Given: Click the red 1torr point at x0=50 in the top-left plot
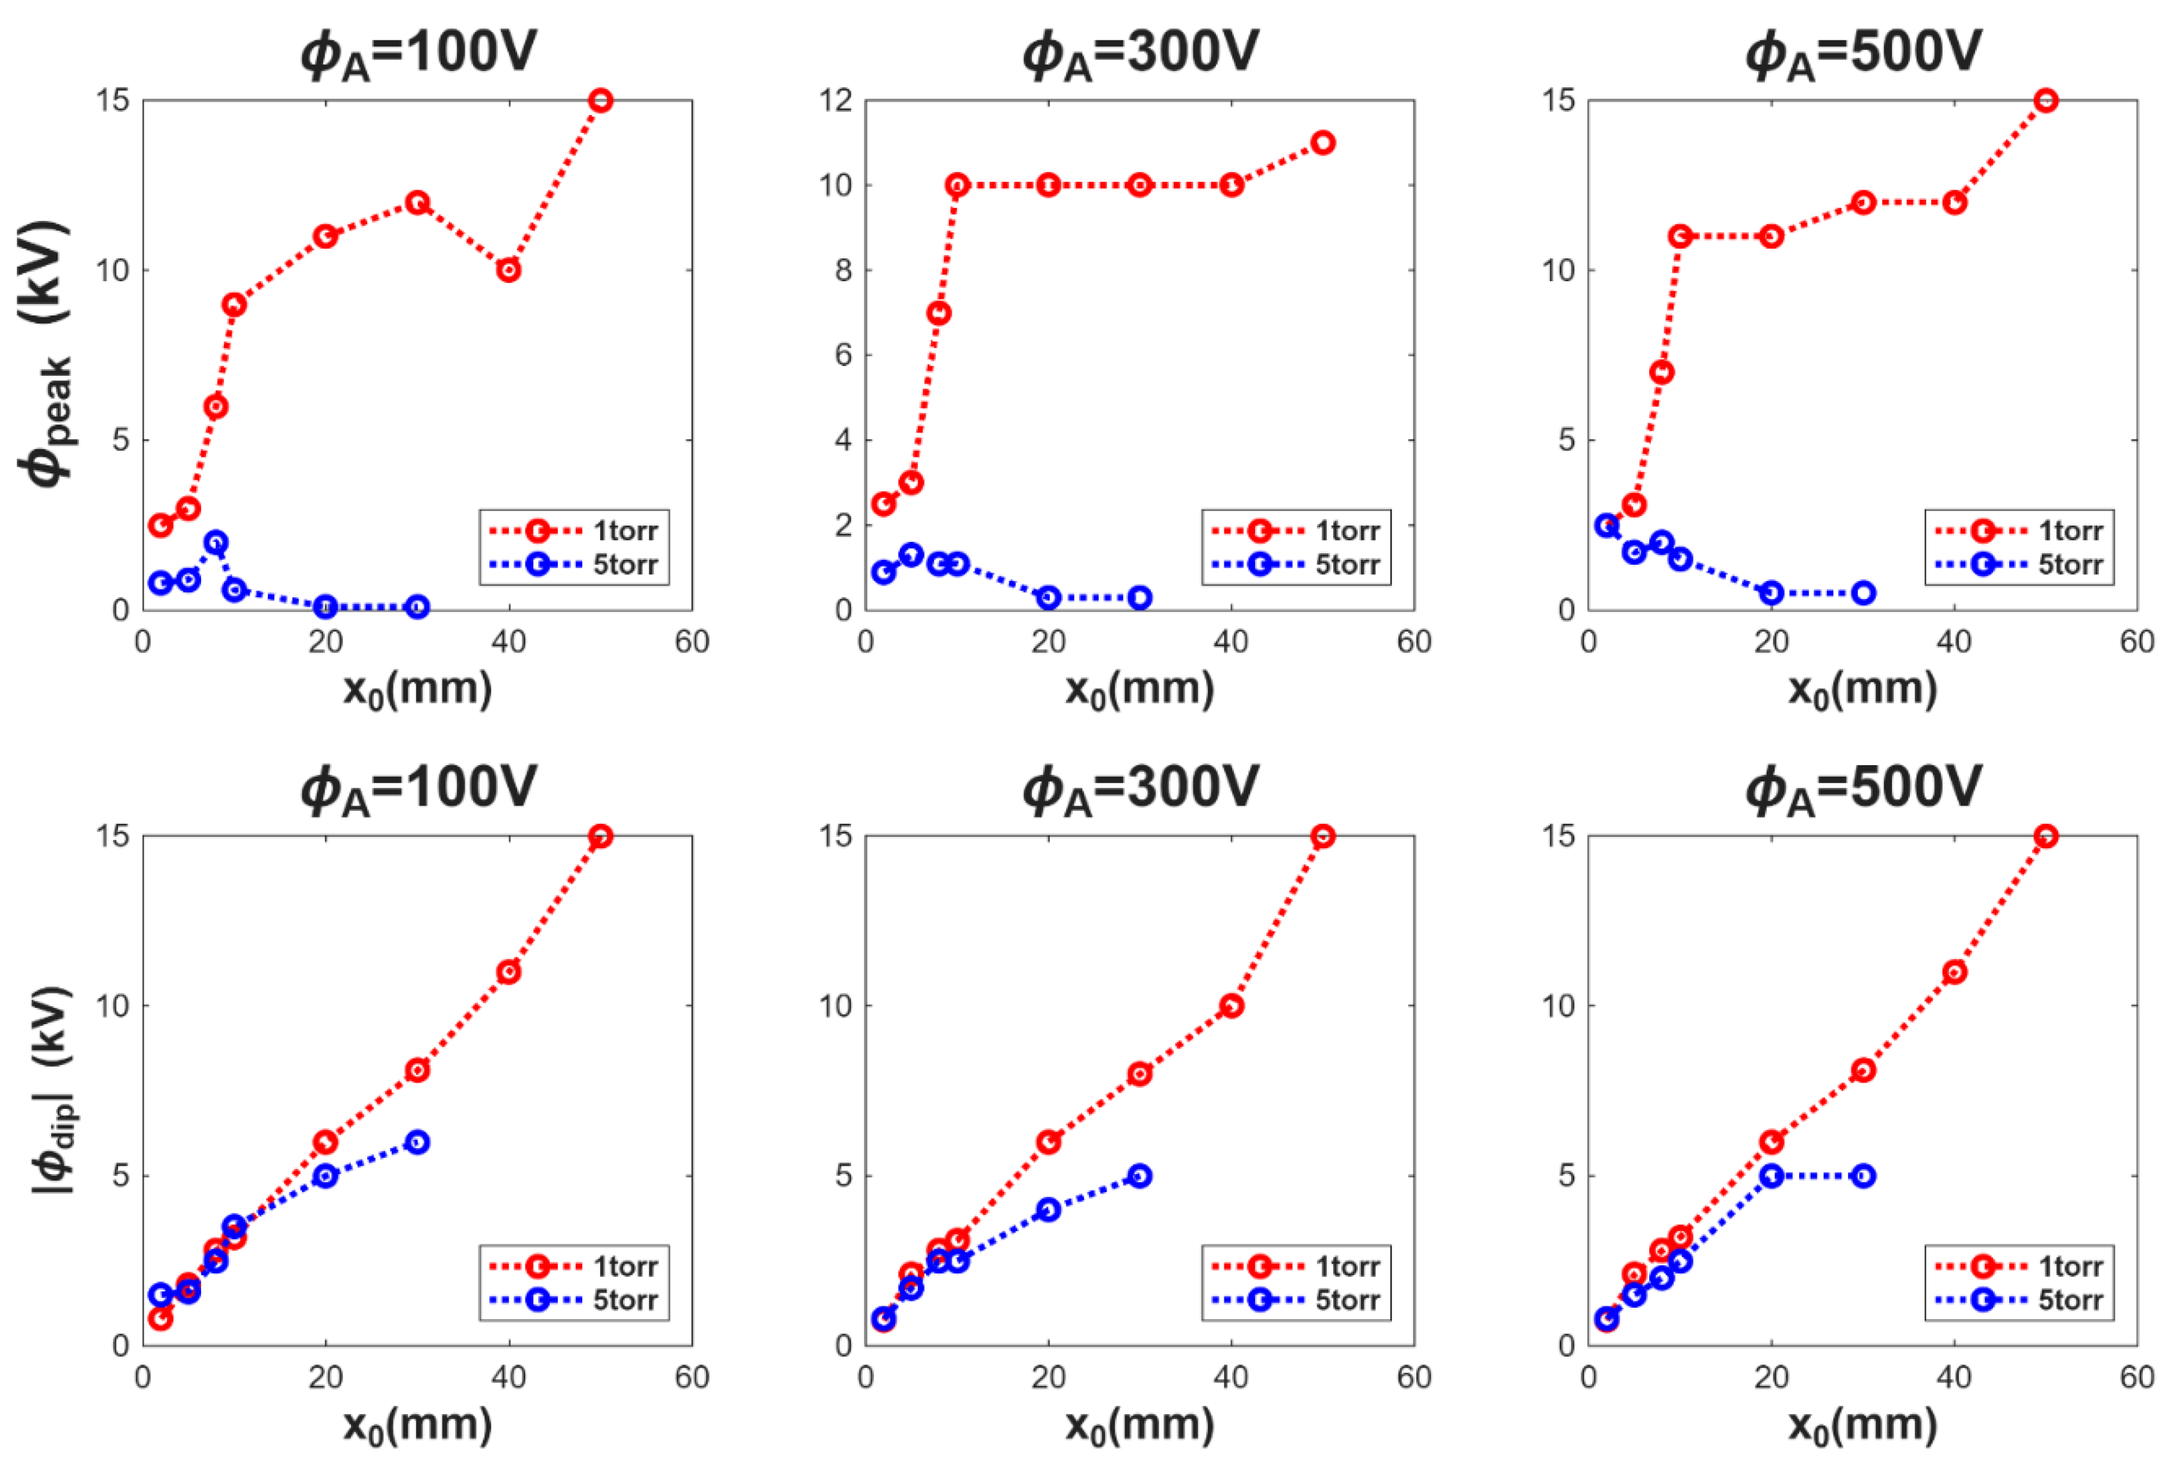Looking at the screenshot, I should tap(600, 100).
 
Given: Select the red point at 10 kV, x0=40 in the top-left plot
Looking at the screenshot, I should tap(509, 270).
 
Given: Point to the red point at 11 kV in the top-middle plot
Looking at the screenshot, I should tap(1322, 142).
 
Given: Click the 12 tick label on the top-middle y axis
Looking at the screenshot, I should tap(835, 100).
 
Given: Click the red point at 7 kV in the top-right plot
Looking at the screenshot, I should tap(1661, 371).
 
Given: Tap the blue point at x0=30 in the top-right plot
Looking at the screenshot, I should tap(1863, 592).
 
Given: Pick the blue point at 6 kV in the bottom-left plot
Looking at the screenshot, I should tap(417, 1141).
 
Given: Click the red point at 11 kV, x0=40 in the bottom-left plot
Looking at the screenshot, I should tap(509, 971).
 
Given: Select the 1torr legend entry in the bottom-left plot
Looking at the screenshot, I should tap(575, 1266).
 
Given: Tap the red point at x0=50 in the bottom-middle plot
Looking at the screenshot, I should tap(1322, 836).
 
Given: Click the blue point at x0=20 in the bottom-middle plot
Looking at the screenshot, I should tap(1049, 1210).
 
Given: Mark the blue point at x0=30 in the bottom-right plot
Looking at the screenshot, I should tap(1863, 1176).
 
